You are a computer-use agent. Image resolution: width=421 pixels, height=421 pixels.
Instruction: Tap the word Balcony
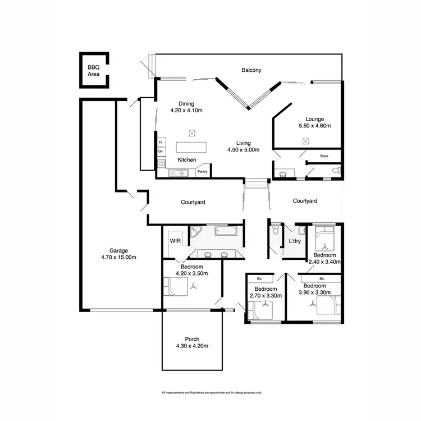tap(251, 70)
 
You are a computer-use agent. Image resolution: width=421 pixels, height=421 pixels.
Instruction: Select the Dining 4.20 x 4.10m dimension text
tap(186, 111)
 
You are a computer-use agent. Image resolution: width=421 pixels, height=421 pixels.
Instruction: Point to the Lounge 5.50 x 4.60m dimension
tap(315, 126)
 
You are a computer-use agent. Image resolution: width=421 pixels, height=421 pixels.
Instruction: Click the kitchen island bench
tap(191, 147)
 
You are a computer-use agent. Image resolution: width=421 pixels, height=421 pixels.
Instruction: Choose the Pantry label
tap(203, 172)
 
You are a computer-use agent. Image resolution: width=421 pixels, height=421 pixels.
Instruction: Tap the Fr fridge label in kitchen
tap(161, 143)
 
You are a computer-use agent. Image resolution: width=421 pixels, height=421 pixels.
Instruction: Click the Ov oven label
tap(161, 152)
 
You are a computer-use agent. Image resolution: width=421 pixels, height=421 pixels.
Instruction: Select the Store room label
tap(324, 155)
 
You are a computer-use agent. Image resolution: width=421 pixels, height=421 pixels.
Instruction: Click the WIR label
tap(174, 241)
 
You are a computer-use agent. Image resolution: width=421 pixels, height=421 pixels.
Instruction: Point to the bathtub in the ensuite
tap(227, 231)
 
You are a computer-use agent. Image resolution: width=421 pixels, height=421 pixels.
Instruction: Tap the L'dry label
tap(295, 241)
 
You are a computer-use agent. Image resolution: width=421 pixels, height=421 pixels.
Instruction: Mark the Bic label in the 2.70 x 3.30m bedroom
tap(259, 278)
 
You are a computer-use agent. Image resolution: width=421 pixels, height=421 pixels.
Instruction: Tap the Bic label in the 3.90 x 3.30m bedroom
tap(322, 278)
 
